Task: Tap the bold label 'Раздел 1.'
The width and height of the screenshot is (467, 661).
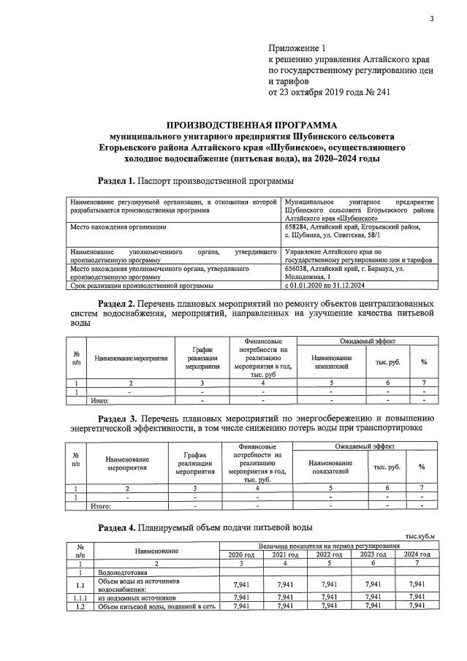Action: click(117, 180)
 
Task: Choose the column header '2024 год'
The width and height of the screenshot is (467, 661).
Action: click(417, 554)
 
